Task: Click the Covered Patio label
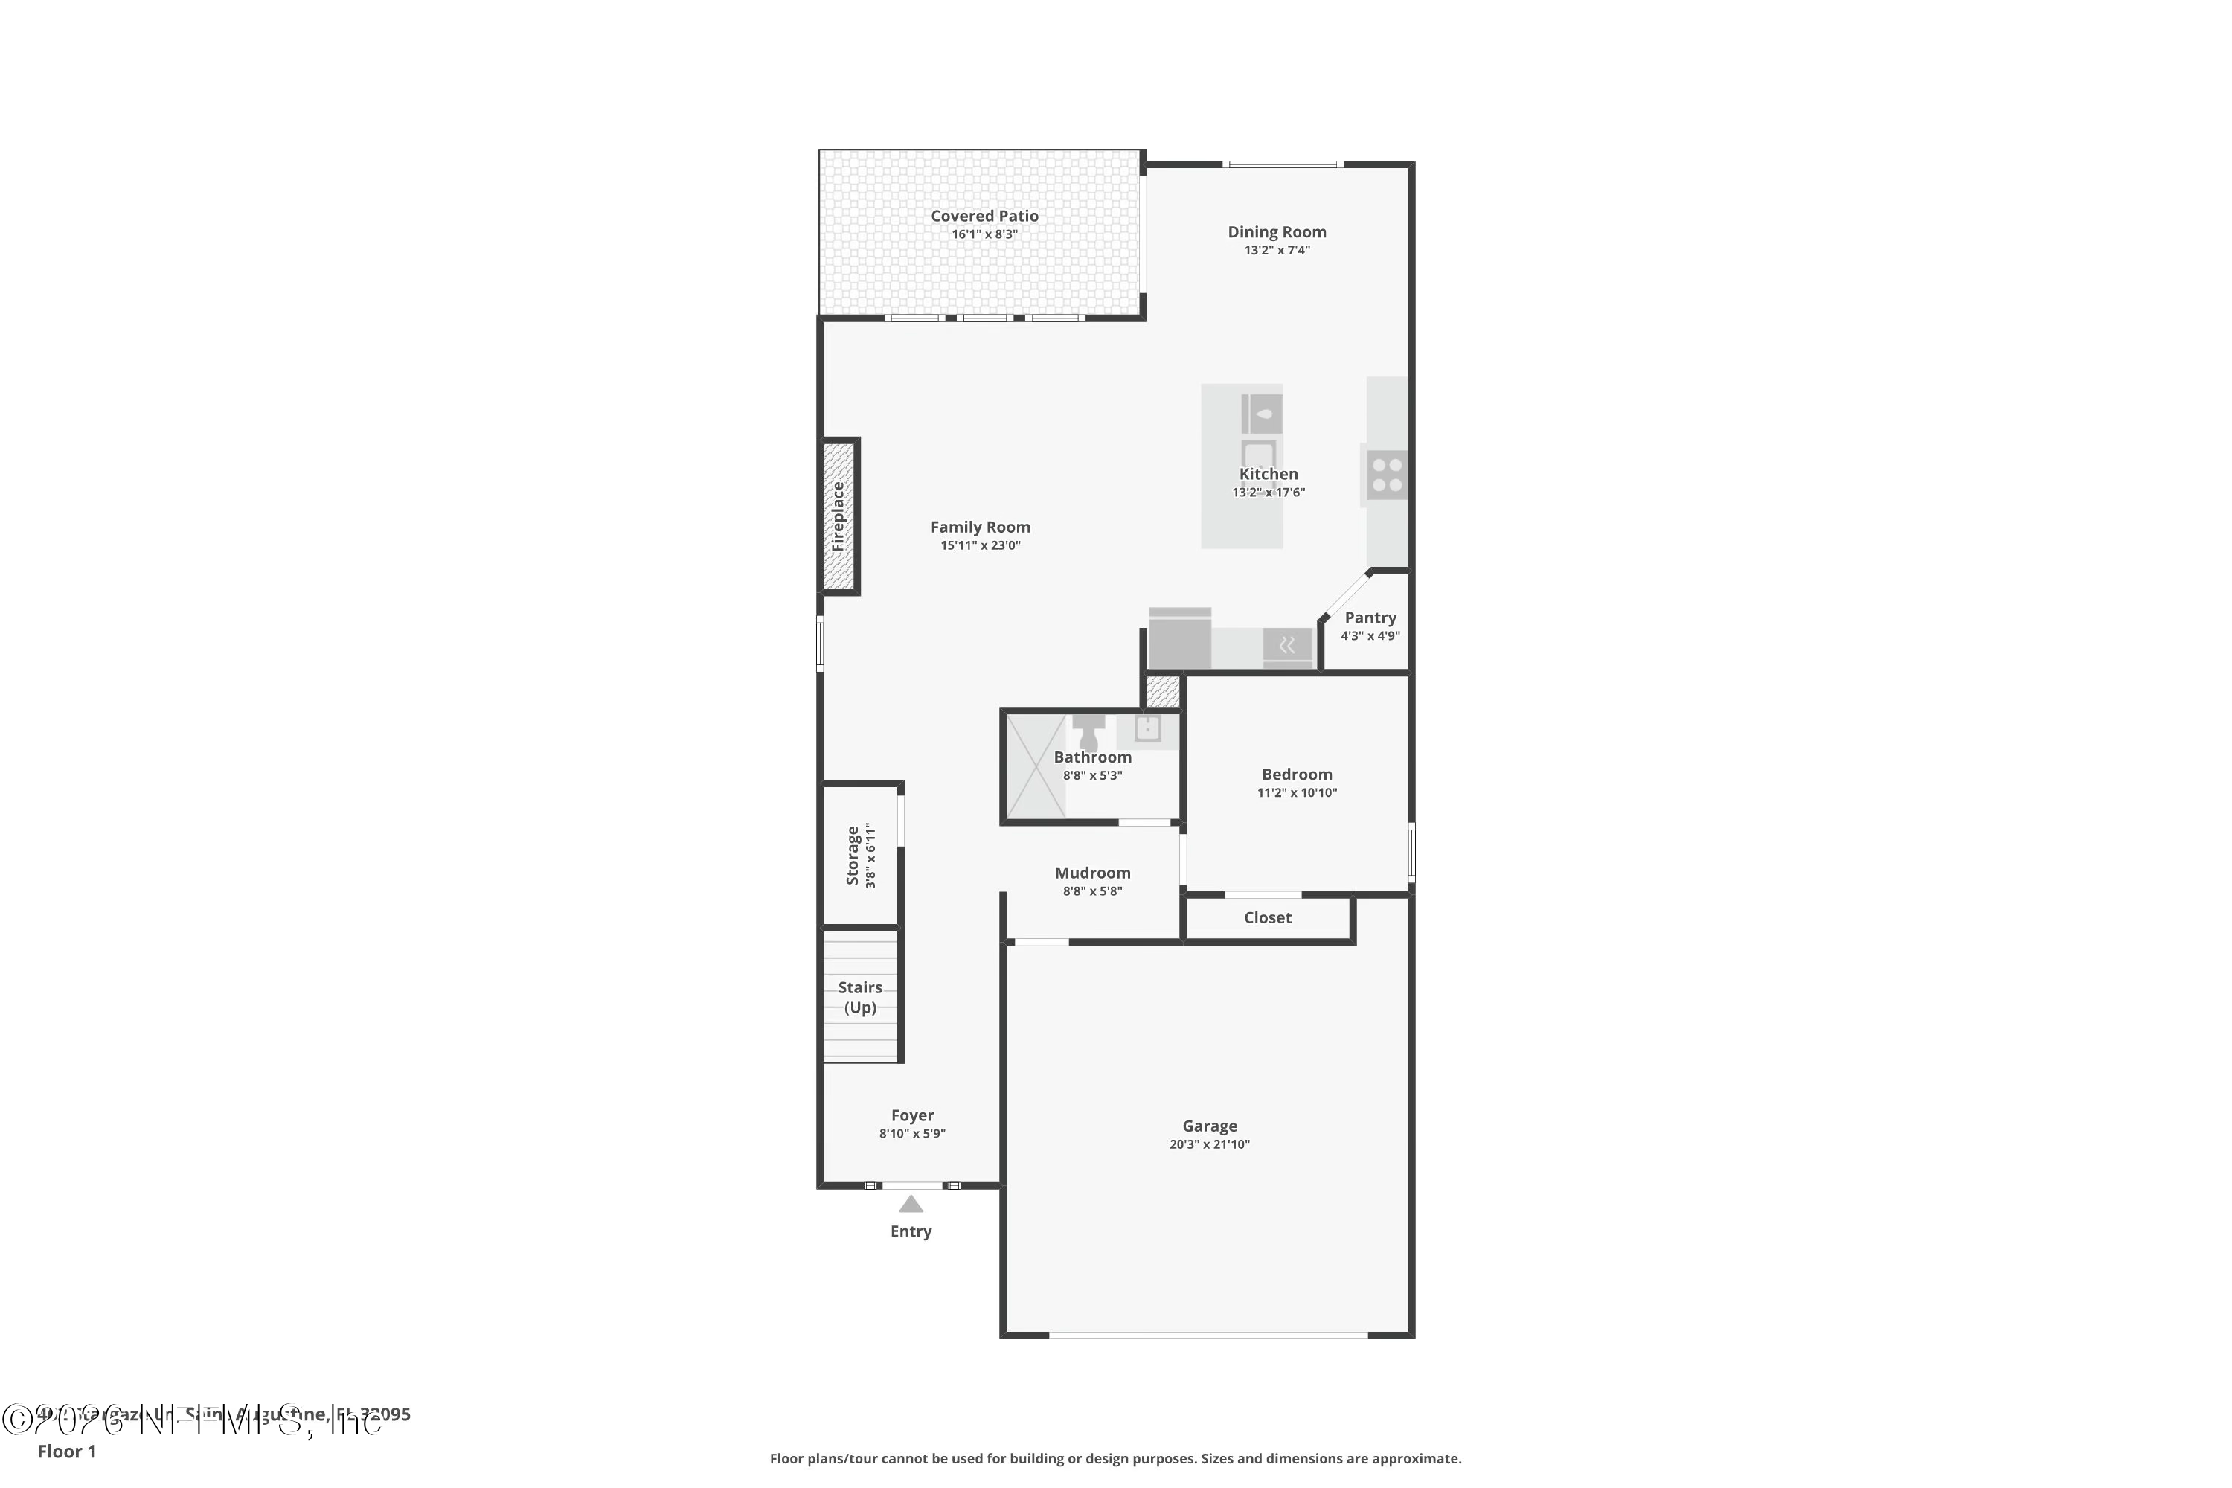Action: coord(984,217)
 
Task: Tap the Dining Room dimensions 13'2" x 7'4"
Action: coord(1277,251)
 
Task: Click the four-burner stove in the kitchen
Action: coord(1387,475)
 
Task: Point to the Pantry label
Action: coord(1370,618)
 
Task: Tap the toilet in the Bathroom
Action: coord(1088,734)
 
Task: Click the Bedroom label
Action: coord(1296,775)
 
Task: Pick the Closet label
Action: coord(1267,917)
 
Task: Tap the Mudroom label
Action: coord(1092,873)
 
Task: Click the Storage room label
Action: coord(852,856)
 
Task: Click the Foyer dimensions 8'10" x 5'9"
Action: coord(912,1134)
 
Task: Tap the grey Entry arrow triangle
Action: coord(911,1205)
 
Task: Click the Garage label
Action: coord(1209,1126)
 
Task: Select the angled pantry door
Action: coord(1344,596)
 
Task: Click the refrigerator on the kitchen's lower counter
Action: coord(1179,640)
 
